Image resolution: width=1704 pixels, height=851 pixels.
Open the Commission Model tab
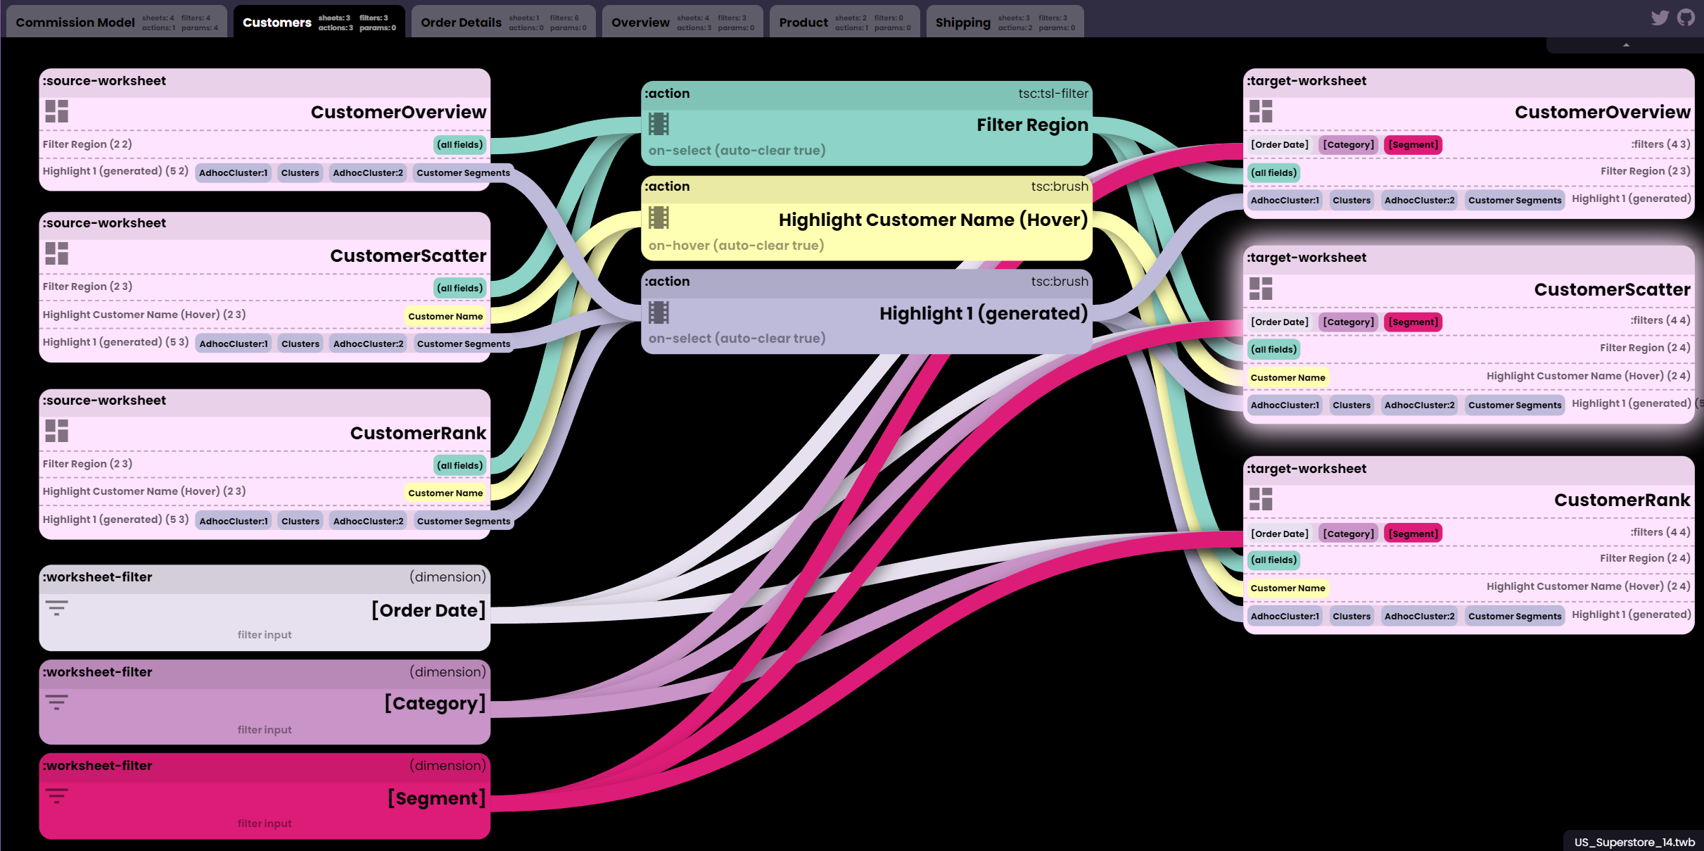75,23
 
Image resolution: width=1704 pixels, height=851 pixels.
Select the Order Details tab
461,23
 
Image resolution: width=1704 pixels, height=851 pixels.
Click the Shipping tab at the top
962,23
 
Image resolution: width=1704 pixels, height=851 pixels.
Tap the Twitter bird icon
1660,18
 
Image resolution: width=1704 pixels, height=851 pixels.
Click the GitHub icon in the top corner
1686,18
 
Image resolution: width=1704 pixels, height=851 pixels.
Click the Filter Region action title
1031,125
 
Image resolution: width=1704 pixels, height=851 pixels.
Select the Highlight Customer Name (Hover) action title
932,220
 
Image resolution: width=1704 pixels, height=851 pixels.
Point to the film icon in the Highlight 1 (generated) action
659,313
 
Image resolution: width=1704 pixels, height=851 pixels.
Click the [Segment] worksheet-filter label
436,798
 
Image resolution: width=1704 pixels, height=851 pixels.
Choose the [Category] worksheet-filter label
435,703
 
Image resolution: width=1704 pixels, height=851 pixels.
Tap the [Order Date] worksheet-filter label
428,610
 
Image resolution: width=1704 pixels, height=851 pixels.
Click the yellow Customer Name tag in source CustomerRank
445,493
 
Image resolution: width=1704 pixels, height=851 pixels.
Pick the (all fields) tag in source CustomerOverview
459,145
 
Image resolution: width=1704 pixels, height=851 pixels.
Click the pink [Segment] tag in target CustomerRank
1413,534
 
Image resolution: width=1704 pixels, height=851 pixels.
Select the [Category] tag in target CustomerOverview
1348,145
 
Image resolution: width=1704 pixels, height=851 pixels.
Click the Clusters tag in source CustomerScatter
300,343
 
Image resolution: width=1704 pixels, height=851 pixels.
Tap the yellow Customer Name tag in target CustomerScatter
1287,377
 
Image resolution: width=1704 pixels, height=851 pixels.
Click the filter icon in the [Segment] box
57,795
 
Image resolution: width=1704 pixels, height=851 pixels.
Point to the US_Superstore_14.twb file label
1634,842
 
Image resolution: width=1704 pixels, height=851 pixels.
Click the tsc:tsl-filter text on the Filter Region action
1053,94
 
